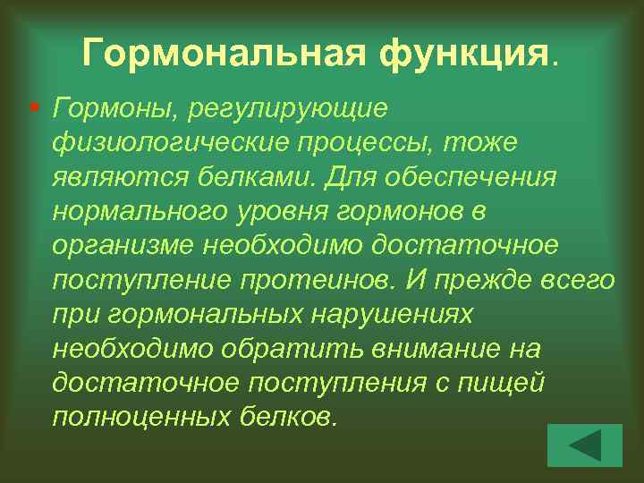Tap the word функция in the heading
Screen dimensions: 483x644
tap(466, 55)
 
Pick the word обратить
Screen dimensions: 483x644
tap(269, 349)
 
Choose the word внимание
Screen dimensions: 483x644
tap(408, 349)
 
